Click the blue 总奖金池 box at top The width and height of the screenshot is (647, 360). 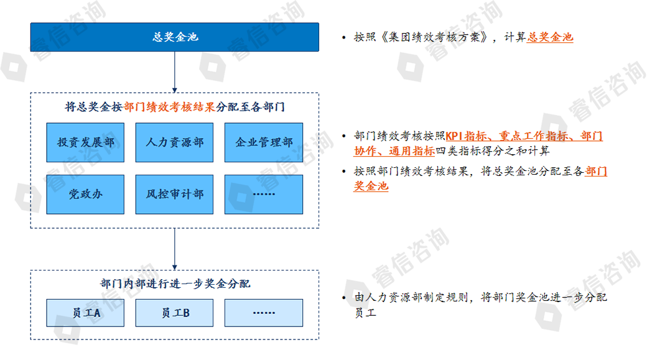point(174,37)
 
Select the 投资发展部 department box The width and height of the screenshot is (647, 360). point(85,142)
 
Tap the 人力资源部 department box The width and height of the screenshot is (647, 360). point(174,142)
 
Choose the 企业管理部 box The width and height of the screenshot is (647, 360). point(264,142)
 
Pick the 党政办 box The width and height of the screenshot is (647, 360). point(85,194)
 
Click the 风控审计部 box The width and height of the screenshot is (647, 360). point(174,194)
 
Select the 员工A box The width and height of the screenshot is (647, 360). point(85,313)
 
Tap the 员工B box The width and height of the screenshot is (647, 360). point(174,313)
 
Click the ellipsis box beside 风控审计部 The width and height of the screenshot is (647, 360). point(264,194)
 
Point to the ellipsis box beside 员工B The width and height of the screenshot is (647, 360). point(264,313)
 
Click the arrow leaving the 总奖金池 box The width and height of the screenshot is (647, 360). point(175,72)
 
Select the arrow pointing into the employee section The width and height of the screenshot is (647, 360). point(175,249)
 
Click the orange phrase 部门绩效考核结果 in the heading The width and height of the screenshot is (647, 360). point(169,106)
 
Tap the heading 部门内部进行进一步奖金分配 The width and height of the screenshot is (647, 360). point(175,284)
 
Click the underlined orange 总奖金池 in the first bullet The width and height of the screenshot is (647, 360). point(550,37)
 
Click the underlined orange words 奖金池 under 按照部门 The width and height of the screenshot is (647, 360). point(371,186)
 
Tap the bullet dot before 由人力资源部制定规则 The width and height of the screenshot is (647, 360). point(343,298)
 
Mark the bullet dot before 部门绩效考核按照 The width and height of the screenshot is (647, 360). point(343,136)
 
